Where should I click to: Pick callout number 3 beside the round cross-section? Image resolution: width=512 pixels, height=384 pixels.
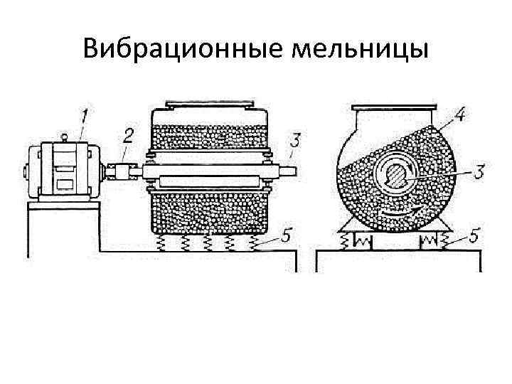(x=480, y=171)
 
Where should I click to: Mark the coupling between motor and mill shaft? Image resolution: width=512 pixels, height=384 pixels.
(x=122, y=171)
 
